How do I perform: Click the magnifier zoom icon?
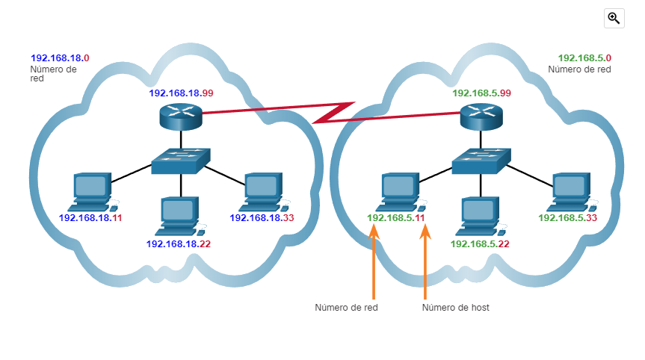pyautogui.click(x=614, y=19)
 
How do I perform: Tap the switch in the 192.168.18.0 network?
pyautogui.click(x=180, y=160)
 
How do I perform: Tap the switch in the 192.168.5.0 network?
pyautogui.click(x=482, y=160)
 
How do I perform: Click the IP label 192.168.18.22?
pyautogui.click(x=179, y=244)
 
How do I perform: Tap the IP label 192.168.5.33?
pyautogui.click(x=567, y=218)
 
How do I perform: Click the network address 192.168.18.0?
pyautogui.click(x=60, y=58)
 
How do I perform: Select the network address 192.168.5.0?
pyautogui.click(x=584, y=58)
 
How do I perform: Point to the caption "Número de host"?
pyautogui.click(x=455, y=307)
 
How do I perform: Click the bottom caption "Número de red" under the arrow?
pyautogui.click(x=346, y=307)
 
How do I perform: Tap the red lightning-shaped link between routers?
pyautogui.click(x=333, y=113)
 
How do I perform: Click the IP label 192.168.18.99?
pyautogui.click(x=182, y=93)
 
